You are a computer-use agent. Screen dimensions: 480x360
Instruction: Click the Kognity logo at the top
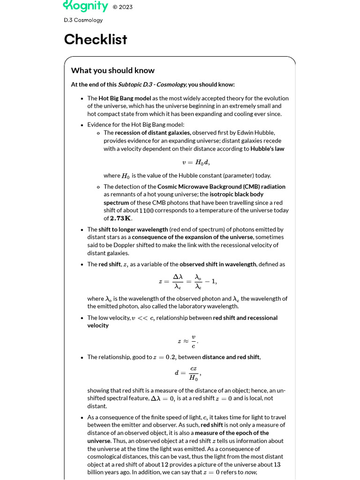point(85,6)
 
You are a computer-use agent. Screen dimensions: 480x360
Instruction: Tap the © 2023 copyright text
point(122,7)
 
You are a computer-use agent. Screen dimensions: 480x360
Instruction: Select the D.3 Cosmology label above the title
point(83,20)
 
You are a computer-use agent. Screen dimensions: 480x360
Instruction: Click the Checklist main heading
point(96,39)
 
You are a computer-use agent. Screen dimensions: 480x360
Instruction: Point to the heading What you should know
point(112,70)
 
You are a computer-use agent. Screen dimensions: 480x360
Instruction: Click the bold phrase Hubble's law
point(267,149)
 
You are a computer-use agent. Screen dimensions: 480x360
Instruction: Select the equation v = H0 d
point(196,162)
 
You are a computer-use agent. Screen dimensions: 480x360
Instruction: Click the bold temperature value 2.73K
point(121,218)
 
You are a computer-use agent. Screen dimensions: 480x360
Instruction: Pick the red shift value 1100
point(146,210)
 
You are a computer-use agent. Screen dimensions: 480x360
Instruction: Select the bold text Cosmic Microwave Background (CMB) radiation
point(221,187)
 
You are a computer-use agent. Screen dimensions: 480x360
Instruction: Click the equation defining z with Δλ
point(187,282)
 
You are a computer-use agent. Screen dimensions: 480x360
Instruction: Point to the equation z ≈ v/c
point(187,341)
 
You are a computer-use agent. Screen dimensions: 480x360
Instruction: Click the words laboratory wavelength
point(211,306)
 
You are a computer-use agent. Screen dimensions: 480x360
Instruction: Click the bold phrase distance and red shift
point(231,357)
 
